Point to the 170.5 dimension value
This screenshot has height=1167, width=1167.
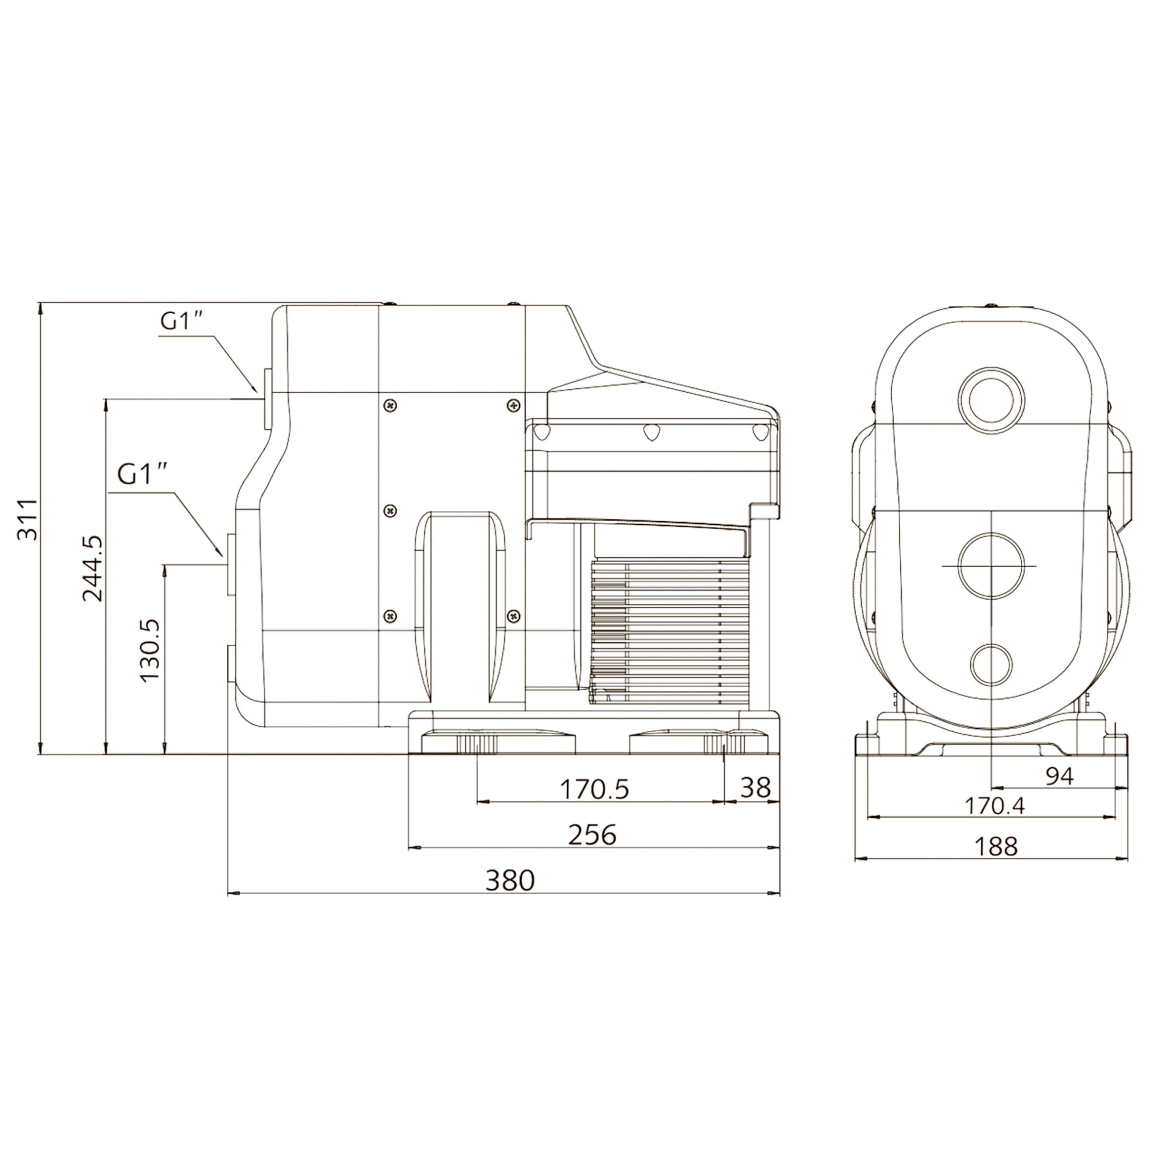tap(595, 789)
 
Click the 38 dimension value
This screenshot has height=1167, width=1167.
tap(755, 788)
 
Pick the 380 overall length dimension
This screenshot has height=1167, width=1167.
tap(510, 881)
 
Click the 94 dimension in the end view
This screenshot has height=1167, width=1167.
tap(1059, 776)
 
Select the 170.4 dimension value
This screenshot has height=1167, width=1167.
tap(994, 806)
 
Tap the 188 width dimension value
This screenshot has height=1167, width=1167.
tap(996, 846)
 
